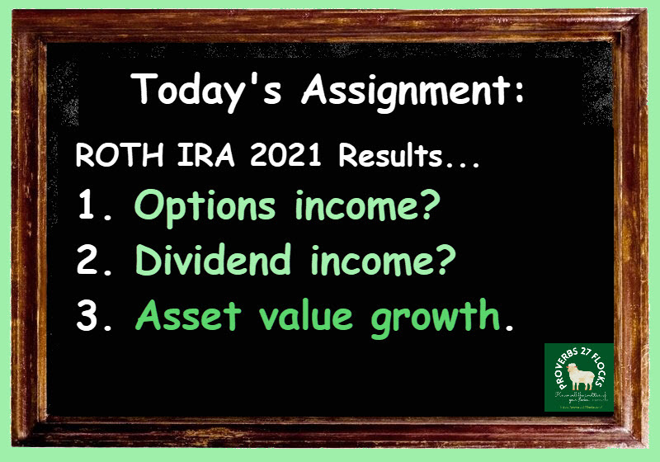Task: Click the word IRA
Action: point(184,156)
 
